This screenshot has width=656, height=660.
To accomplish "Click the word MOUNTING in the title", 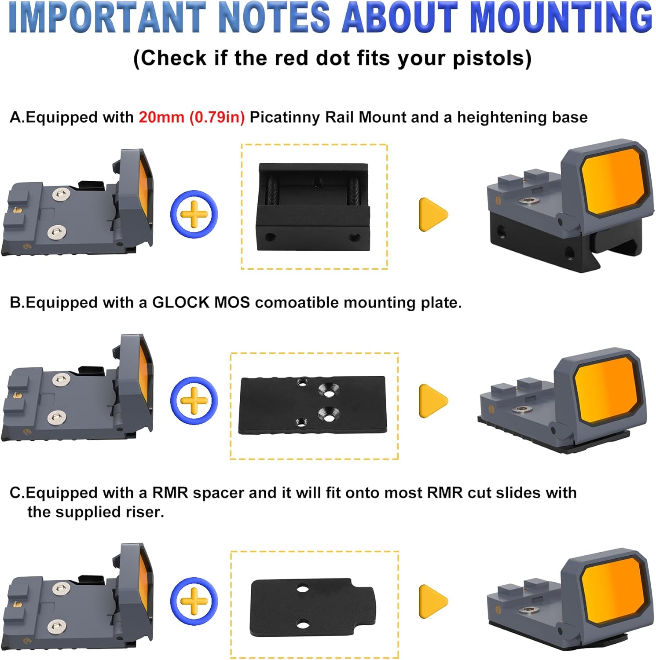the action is click(561, 18).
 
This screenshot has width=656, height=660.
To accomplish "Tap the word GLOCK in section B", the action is click(180, 303).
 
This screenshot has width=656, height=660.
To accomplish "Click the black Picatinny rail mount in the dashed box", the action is click(313, 207).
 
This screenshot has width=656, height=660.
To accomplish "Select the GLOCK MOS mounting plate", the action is click(312, 405).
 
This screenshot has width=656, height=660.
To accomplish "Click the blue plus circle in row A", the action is click(194, 214).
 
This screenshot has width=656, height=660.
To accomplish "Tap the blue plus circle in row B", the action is click(194, 400).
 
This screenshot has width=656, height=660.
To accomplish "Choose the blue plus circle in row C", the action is click(194, 601).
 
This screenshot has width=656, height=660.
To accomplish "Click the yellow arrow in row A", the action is click(432, 214).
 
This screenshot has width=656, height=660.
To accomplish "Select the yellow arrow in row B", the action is click(432, 400).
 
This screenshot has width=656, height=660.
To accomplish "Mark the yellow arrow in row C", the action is click(432, 601).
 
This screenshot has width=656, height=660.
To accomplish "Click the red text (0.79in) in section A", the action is click(217, 117).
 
